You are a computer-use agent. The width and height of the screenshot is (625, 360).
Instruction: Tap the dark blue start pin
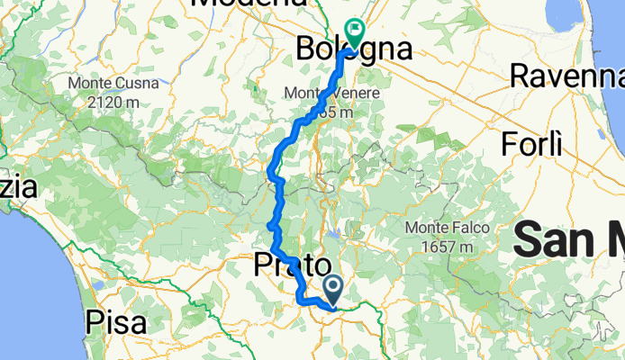[333, 289]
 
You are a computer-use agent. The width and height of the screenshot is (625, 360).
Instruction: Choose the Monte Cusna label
[113, 84]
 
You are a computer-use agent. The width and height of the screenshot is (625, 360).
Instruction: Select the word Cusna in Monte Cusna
[137, 84]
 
